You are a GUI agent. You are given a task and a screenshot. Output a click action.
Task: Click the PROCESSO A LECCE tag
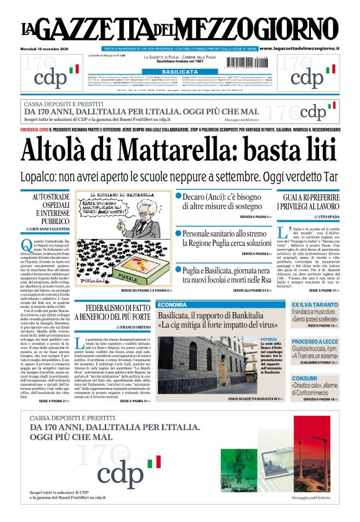coord(315,341)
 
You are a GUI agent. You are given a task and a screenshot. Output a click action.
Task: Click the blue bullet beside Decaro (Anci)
coord(178,197)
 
